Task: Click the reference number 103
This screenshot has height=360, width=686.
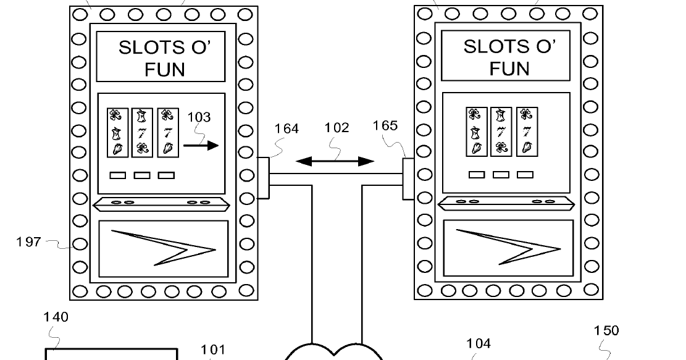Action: [x=198, y=117]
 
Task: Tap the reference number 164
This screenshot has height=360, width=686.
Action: [x=287, y=128]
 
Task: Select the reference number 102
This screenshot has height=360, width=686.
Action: [x=337, y=128]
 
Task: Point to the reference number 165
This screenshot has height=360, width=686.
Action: [x=385, y=126]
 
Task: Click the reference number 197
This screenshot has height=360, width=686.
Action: [x=28, y=241]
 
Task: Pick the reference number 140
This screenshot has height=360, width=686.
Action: [x=56, y=317]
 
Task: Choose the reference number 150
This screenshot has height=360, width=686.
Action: [x=606, y=330]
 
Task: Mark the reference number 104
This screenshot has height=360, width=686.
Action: [x=478, y=343]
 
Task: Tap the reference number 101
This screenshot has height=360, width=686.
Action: [x=213, y=350]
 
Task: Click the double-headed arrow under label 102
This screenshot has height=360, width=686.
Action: [x=335, y=162]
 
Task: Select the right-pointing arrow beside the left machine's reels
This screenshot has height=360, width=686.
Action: [x=201, y=146]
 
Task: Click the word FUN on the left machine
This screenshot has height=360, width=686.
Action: [x=165, y=69]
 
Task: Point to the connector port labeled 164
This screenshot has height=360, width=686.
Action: [x=263, y=178]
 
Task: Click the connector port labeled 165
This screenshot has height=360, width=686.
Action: [x=408, y=179]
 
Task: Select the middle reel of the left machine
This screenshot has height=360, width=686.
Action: [x=142, y=132]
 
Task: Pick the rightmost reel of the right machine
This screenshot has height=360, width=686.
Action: [x=526, y=131]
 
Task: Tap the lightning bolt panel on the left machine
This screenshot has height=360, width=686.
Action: [x=164, y=248]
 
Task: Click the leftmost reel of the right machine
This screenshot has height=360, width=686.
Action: [x=475, y=131]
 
